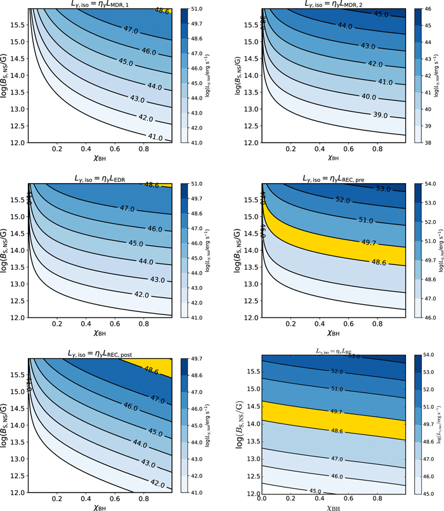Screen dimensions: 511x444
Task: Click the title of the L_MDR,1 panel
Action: click(x=100, y=5)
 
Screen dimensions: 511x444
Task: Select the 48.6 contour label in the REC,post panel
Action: click(x=152, y=368)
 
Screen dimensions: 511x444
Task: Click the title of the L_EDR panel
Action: click(x=100, y=178)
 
